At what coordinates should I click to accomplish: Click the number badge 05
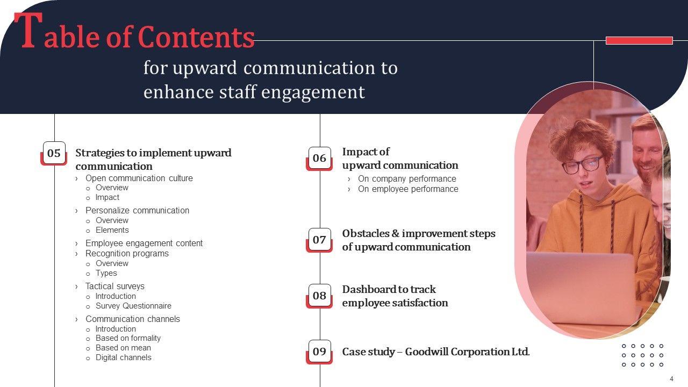coord(54,153)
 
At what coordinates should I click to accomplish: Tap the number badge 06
coord(319,158)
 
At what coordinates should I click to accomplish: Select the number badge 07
coord(319,240)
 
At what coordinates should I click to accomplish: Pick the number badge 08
coord(319,296)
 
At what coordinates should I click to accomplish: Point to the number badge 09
coord(319,352)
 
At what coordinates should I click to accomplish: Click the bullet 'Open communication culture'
coord(139,178)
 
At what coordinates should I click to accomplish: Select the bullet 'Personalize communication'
coord(137,210)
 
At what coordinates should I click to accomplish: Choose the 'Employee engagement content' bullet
coord(144,243)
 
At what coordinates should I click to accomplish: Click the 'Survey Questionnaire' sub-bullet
coord(133,306)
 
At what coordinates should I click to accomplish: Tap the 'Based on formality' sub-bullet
coord(128,338)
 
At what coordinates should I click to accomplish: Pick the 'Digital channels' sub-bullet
coord(123,357)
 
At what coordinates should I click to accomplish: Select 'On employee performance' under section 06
coord(408,189)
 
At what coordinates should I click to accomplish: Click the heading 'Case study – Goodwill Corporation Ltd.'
coord(436,352)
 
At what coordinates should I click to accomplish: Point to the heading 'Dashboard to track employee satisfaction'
coord(395,296)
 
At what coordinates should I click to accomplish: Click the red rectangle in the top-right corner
coord(639,40)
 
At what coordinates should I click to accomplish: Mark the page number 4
coord(671,378)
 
